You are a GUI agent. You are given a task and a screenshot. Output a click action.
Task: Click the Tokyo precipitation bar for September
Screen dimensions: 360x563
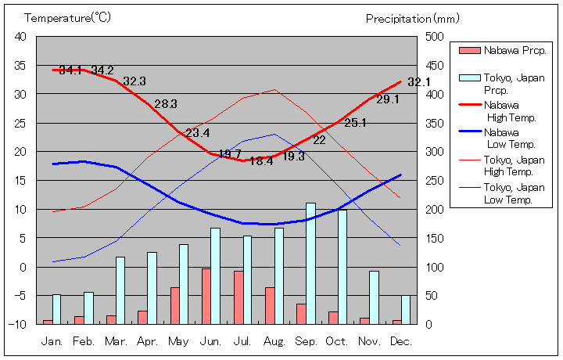pyautogui.click(x=310, y=263)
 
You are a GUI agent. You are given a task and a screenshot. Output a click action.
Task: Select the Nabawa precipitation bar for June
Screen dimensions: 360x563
pyautogui.click(x=206, y=296)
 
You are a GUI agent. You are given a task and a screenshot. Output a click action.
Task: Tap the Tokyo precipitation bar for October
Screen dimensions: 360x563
pyautogui.click(x=342, y=266)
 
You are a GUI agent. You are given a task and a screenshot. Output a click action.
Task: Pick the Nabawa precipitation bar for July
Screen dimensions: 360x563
pyautogui.click(x=238, y=297)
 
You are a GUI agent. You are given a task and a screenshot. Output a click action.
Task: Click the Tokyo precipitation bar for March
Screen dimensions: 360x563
pyautogui.click(x=120, y=290)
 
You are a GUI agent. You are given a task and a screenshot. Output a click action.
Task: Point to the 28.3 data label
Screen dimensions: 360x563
pyautogui.click(x=166, y=103)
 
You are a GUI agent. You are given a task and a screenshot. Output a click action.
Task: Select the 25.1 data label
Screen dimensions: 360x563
pyautogui.click(x=356, y=122)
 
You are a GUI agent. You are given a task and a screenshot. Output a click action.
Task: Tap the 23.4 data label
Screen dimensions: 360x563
pyautogui.click(x=197, y=132)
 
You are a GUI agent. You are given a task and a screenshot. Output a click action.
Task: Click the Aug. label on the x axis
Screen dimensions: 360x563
pyautogui.click(x=274, y=341)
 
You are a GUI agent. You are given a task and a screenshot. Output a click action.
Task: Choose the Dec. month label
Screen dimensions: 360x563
pyautogui.click(x=400, y=341)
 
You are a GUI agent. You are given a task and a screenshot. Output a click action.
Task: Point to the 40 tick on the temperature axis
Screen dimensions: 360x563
pyautogui.click(x=20, y=36)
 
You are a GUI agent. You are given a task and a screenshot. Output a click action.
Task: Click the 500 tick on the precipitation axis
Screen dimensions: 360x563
pyautogui.click(x=435, y=36)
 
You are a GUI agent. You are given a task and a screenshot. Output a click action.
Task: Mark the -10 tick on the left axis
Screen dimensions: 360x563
pyautogui.click(x=19, y=324)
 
